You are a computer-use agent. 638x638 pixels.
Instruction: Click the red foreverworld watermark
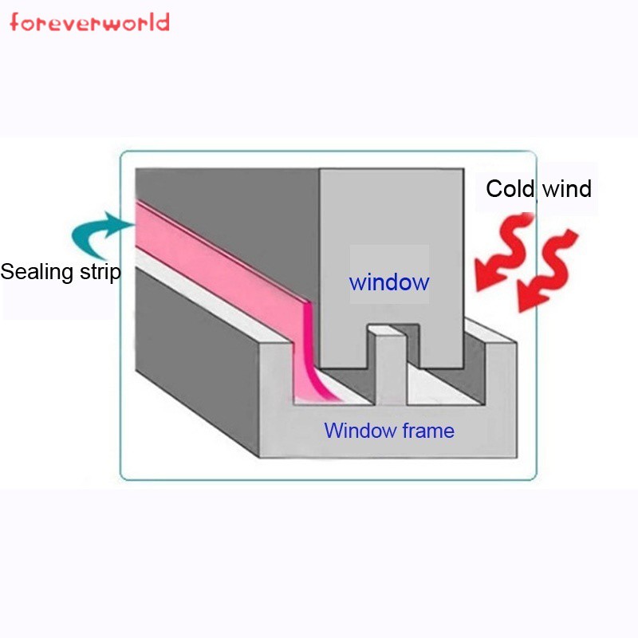89,22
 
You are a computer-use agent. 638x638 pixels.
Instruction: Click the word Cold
510,189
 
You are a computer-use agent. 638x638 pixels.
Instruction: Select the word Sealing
37,273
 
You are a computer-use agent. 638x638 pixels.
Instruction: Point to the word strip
100,272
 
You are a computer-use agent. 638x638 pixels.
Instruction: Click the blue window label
389,282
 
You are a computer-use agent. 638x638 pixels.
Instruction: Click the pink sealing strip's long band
220,261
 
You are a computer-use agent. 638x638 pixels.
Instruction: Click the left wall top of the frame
211,299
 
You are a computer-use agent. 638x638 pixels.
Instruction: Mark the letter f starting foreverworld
14,22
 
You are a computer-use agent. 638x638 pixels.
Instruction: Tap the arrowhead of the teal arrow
121,223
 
